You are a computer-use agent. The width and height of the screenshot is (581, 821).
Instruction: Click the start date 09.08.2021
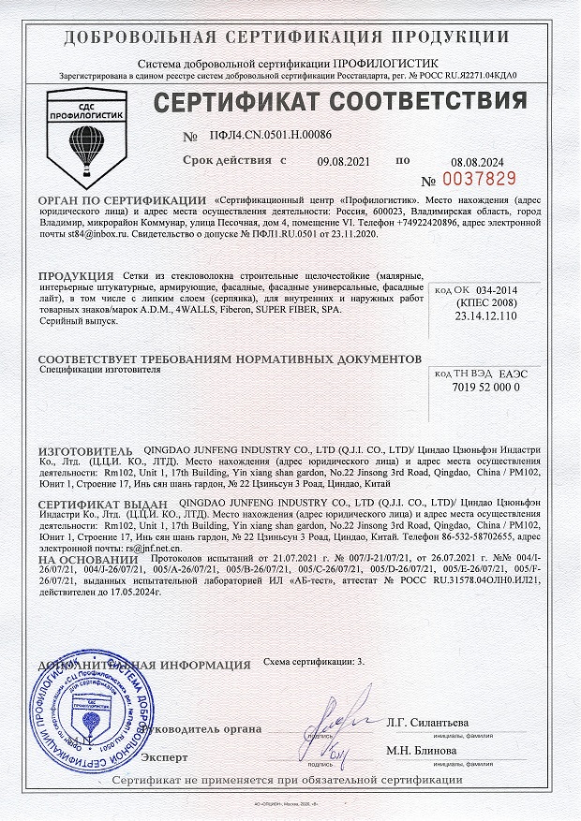(344, 161)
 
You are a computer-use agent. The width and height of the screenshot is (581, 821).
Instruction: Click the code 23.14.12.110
(485, 316)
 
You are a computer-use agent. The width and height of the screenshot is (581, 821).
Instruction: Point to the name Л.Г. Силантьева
(428, 722)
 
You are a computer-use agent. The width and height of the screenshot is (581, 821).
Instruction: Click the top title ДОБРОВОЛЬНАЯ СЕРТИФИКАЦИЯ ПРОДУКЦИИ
(290, 37)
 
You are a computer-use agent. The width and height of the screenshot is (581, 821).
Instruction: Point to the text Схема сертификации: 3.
(313, 661)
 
